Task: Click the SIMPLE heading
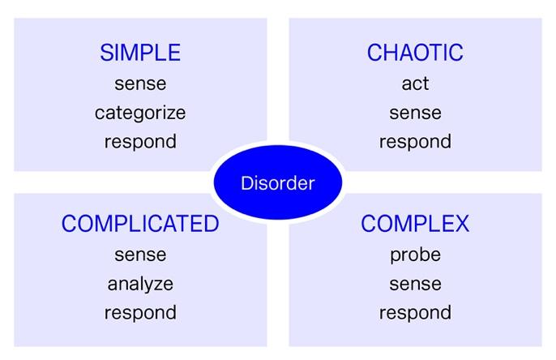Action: click(x=140, y=53)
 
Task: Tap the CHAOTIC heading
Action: click(x=415, y=53)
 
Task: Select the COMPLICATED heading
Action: click(x=140, y=224)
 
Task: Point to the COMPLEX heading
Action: click(x=415, y=224)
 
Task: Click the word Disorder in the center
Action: click(x=278, y=183)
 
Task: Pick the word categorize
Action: click(x=140, y=114)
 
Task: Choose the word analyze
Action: click(x=140, y=285)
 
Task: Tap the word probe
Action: click(x=415, y=255)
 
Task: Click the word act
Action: click(x=415, y=84)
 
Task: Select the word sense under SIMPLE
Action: click(x=140, y=84)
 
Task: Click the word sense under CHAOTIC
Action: click(x=415, y=114)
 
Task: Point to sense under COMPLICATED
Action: click(x=140, y=255)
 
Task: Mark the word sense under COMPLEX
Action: click(x=415, y=285)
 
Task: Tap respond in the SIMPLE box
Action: click(x=140, y=143)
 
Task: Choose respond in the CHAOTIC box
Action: click(x=415, y=143)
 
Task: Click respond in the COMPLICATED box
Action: click(x=140, y=314)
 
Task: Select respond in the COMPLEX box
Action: click(x=415, y=314)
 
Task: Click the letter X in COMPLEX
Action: click(x=461, y=224)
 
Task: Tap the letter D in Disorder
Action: click(x=246, y=183)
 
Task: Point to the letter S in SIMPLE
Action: click(x=106, y=53)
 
